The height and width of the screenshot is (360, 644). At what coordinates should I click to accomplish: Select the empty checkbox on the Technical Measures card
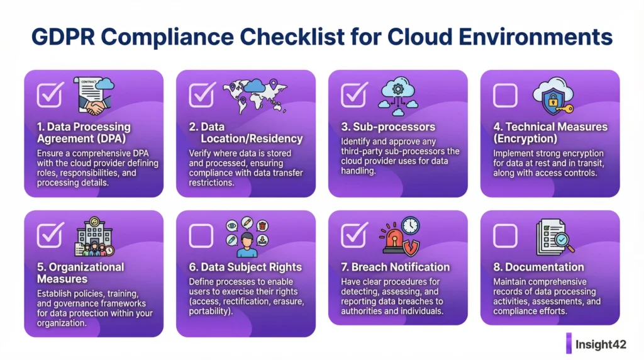pyautogui.click(x=505, y=95)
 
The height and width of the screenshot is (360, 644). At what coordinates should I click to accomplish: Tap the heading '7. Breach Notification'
pyautogui.click(x=395, y=267)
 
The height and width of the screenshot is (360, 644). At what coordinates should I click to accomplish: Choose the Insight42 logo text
pyautogui.click(x=601, y=344)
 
